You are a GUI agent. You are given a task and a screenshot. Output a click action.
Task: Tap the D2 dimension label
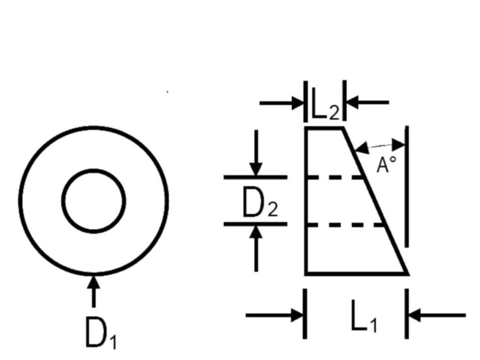pos(260,202)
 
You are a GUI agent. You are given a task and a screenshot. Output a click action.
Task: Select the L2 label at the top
pos(325,104)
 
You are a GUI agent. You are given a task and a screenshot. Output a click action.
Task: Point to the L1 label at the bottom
pos(364,316)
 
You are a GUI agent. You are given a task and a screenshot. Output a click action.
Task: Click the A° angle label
pos(386,165)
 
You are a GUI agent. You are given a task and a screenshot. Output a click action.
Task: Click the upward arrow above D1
pos(94,291)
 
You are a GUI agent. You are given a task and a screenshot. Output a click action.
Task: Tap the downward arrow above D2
pos(256,153)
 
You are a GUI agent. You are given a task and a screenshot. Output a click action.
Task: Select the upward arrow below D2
pos(256,248)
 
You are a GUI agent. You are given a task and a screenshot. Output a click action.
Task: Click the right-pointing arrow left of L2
pos(282,103)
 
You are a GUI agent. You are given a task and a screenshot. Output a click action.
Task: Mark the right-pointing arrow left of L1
pos(274,315)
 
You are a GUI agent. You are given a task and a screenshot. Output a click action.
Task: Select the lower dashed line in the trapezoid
pos(345,225)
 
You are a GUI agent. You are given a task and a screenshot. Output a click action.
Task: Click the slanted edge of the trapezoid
pos(375,201)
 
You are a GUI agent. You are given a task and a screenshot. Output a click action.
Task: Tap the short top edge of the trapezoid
pos(324,128)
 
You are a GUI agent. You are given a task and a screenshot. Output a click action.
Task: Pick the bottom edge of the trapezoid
pos(357,273)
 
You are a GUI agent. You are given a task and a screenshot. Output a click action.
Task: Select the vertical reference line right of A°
pos(406,186)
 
